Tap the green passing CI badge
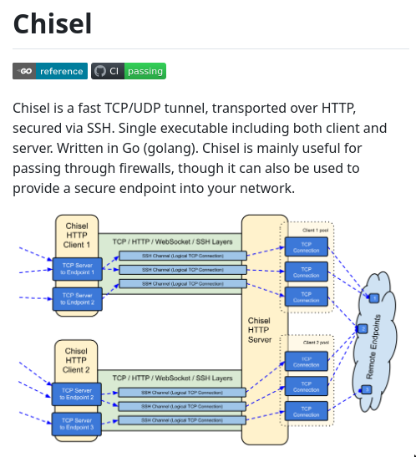tap(129, 71)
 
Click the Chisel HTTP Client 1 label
tap(76, 236)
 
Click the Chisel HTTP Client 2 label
tap(76, 361)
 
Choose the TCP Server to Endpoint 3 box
tap(76, 424)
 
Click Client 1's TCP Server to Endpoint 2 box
tap(76, 299)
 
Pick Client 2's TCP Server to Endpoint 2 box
tap(76, 394)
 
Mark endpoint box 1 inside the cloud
tap(373, 297)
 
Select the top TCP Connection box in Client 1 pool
tap(306, 247)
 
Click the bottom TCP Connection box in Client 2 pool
tap(306, 411)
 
